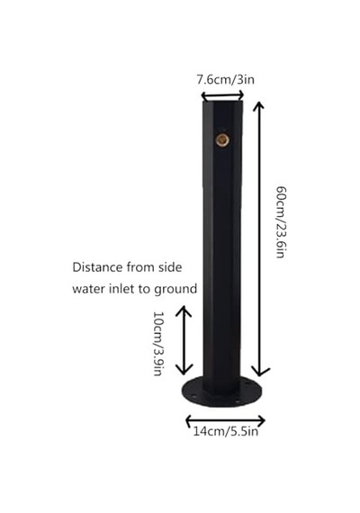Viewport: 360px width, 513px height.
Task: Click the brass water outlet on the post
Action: coord(222,140)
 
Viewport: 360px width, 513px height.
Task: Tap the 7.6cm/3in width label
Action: coord(225,79)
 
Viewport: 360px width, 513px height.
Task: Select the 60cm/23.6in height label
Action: coord(282,222)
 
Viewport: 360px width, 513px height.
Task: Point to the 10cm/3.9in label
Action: coord(158,344)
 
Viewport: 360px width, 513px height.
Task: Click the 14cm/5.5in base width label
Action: coord(226,431)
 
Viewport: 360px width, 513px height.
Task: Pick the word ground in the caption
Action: coord(175,290)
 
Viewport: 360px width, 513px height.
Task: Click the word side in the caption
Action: coord(170,267)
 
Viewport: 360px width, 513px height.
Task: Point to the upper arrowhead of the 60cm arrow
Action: coord(258,106)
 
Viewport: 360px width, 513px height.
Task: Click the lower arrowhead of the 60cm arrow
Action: coord(260,372)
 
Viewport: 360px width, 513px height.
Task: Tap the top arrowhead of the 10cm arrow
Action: coord(184,310)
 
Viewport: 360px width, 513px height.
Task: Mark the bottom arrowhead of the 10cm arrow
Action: coord(184,370)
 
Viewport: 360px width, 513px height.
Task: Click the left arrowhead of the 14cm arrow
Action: coord(189,420)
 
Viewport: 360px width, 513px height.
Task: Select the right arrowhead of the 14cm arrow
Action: coord(261,420)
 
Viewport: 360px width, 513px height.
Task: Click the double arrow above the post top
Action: coord(222,96)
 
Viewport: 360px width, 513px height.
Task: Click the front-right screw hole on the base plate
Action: coord(238,401)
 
